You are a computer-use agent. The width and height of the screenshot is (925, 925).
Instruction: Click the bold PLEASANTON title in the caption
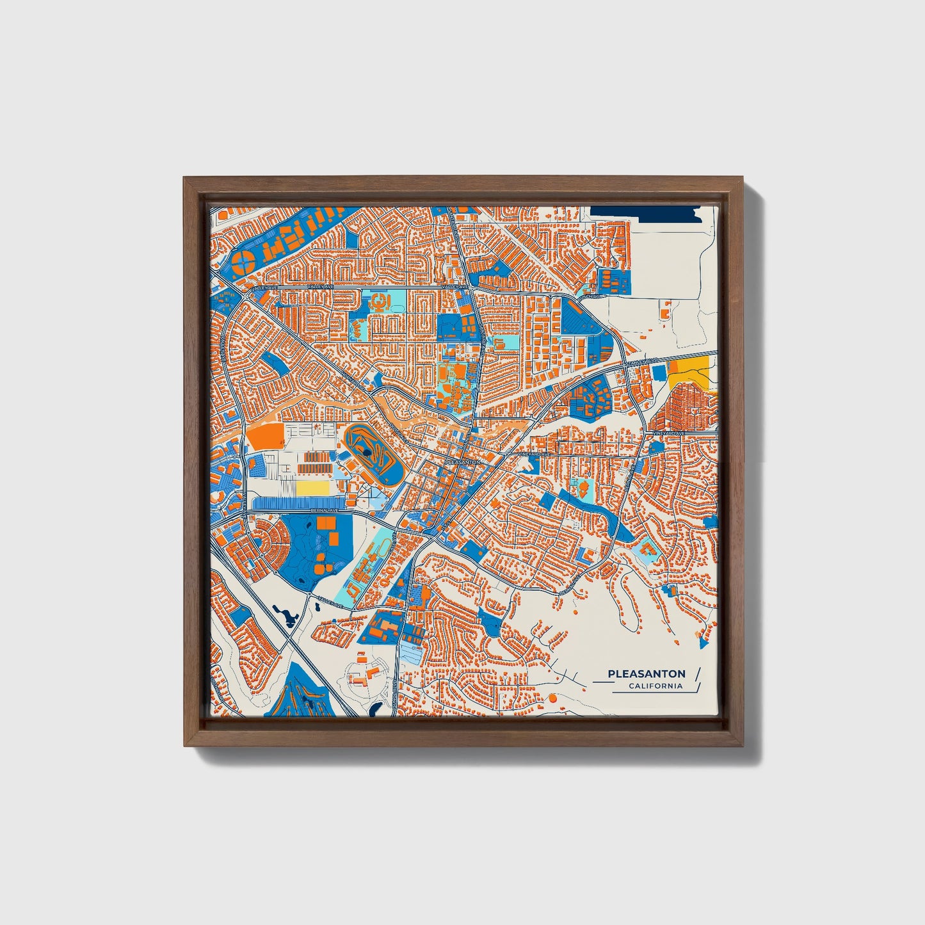pyautogui.click(x=647, y=673)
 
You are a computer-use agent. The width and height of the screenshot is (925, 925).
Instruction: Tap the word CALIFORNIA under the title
pyautogui.click(x=655, y=686)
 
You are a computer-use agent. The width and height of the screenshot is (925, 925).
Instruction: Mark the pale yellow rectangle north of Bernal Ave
pyautogui.click(x=312, y=488)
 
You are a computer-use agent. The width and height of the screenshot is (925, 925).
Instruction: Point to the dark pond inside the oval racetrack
pyautogui.click(x=366, y=452)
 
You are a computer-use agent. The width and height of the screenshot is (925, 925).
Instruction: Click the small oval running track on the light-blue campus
pyautogui.click(x=382, y=547)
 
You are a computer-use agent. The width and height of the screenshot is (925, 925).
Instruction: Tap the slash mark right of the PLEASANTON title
pyautogui.click(x=697, y=673)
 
